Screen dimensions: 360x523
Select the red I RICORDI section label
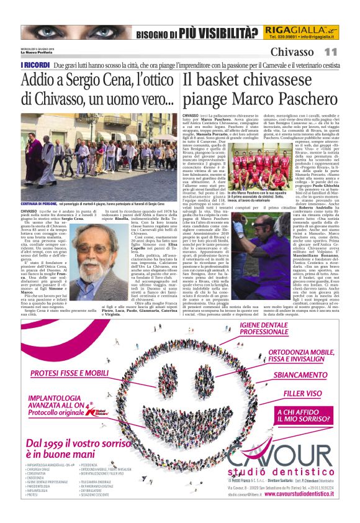35,64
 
